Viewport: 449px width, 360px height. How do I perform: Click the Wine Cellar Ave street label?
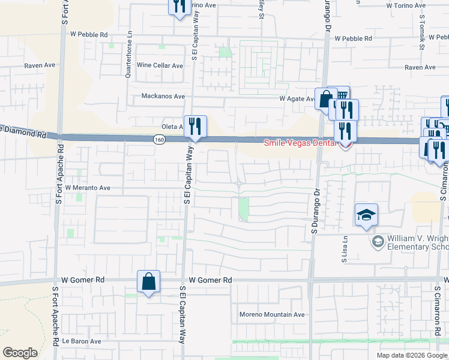tap(160, 65)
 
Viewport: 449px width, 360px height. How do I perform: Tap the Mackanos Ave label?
tap(162, 96)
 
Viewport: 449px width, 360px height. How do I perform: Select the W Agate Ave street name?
tap(297, 99)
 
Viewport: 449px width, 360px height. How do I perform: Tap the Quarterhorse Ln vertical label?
tap(128, 60)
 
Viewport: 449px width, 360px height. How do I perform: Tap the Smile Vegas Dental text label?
tap(301, 143)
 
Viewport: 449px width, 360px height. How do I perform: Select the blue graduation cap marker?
tap(366, 215)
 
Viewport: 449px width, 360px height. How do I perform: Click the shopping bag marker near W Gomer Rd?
tap(148, 281)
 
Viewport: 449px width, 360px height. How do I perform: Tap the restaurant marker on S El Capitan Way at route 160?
tap(194, 126)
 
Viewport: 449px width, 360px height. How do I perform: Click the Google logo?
tap(20, 353)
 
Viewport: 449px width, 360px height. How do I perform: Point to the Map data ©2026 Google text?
tap(412, 355)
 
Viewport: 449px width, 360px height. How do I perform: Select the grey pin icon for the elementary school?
tap(378, 242)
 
